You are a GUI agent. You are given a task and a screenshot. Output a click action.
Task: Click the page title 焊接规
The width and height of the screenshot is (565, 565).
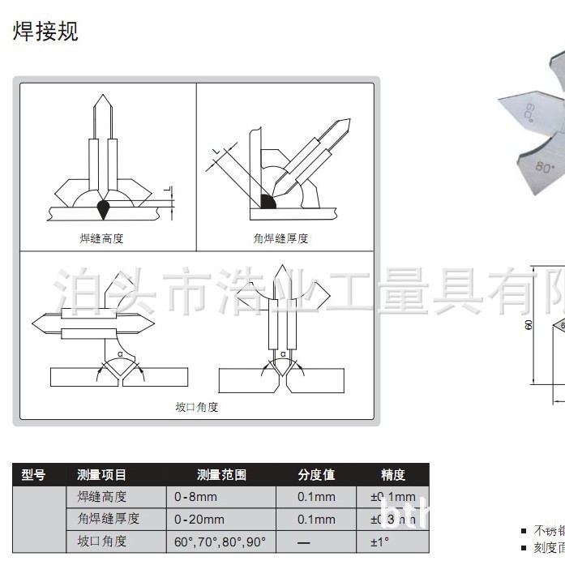[45, 31]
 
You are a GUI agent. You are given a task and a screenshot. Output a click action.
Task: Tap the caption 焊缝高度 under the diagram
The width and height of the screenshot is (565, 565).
[101, 238]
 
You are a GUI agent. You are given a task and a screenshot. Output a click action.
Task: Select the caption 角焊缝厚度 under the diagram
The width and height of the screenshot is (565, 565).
[280, 238]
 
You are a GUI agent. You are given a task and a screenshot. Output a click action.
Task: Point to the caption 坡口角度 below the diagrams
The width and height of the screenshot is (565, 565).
[197, 407]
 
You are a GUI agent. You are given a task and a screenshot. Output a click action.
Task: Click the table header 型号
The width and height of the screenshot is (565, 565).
[33, 475]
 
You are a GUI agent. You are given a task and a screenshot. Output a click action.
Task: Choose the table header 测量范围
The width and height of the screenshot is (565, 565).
[221, 475]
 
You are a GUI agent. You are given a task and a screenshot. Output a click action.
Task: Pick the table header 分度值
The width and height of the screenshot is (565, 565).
[315, 475]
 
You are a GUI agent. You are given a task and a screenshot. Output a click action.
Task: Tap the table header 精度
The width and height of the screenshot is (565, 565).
[392, 475]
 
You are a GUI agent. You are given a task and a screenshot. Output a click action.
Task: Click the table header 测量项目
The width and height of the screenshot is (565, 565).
[102, 475]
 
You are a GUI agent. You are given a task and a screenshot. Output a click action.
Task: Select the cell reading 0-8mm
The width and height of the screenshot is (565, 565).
[195, 497]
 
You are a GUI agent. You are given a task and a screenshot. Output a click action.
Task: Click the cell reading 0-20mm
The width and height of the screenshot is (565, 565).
[199, 519]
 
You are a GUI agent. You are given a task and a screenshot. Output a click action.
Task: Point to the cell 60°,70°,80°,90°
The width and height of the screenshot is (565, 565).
[220, 541]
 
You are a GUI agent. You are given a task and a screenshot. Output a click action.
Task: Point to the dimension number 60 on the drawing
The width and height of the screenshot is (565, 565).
[529, 324]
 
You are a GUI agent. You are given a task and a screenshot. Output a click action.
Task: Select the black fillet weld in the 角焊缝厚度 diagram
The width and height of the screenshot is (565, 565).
[267, 200]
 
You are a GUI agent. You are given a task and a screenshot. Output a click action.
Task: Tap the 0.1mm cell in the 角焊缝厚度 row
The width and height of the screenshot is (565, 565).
[316, 519]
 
